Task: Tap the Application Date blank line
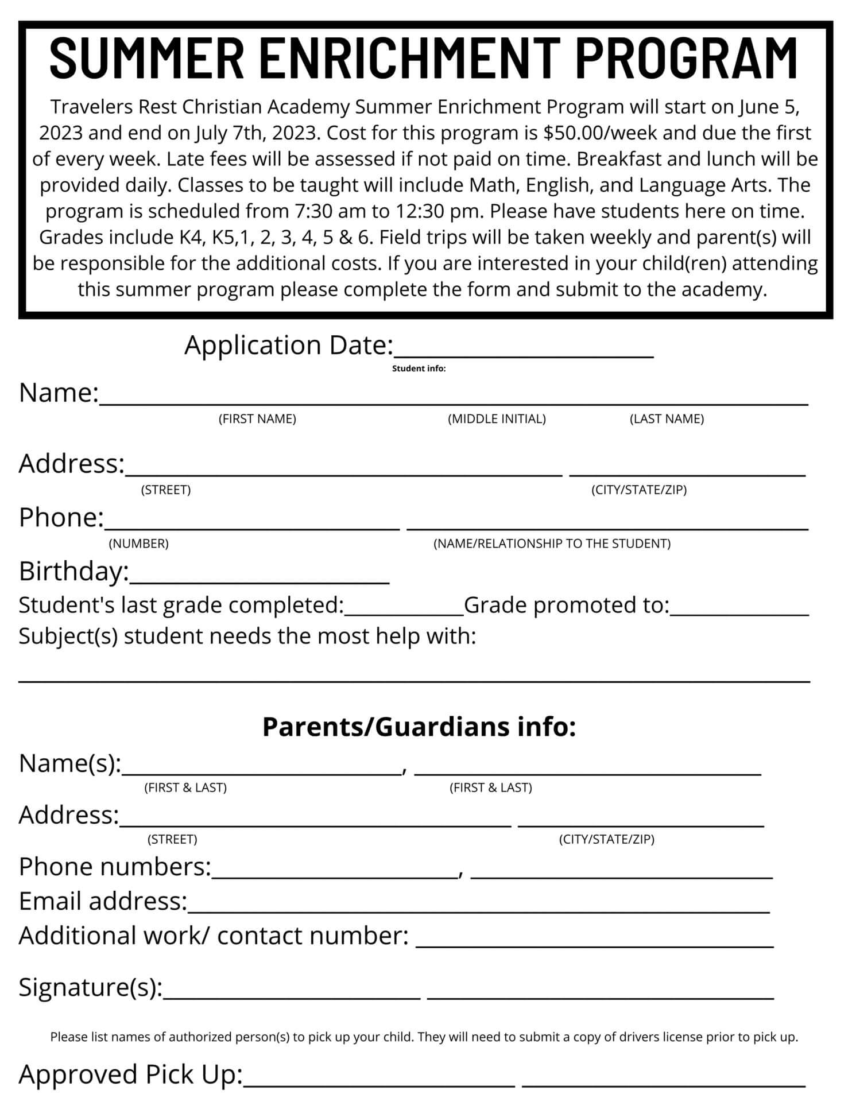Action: pyautogui.click(x=524, y=351)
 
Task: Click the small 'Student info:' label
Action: pyautogui.click(x=419, y=368)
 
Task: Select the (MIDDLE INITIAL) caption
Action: pyautogui.click(x=497, y=419)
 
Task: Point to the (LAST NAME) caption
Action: pyautogui.click(x=667, y=419)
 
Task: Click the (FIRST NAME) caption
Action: pyautogui.click(x=257, y=419)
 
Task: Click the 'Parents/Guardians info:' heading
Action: pyautogui.click(x=419, y=726)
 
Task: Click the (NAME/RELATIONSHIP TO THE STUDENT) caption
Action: pyautogui.click(x=552, y=544)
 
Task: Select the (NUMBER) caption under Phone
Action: pyautogui.click(x=138, y=544)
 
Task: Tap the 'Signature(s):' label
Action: pyautogui.click(x=91, y=987)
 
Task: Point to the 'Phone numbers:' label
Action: pyautogui.click(x=115, y=867)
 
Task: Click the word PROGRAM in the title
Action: pyautogui.click(x=686, y=57)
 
